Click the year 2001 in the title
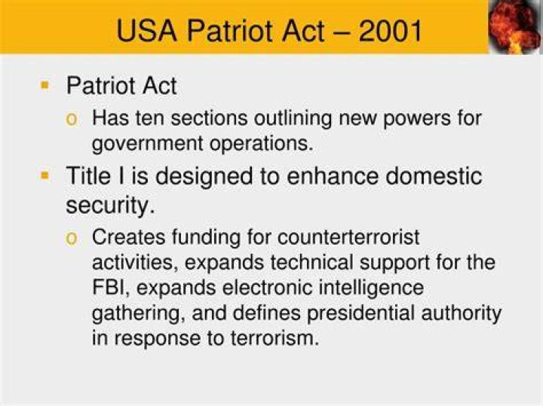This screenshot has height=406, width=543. click(390, 31)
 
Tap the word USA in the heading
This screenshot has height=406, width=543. click(146, 31)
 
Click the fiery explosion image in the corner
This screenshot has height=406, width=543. click(515, 26)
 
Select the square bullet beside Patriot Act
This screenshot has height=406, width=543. click(44, 85)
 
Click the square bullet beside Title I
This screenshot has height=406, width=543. click(44, 176)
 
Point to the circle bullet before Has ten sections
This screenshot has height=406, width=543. click(72, 120)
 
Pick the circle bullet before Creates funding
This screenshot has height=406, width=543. click(72, 239)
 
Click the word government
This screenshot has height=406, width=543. click(148, 144)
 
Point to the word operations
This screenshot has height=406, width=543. click(261, 144)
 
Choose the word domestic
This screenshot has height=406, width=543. click(434, 176)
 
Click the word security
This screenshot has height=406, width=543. click(110, 206)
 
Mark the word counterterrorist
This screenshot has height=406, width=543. click(348, 237)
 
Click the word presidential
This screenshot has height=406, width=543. click(360, 313)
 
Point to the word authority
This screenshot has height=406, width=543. click(462, 313)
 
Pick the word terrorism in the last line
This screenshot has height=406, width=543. click(275, 338)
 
